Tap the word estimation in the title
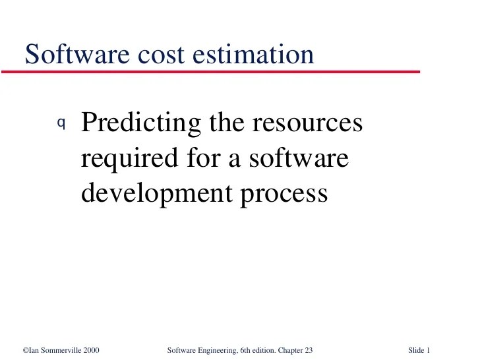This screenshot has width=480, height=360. tap(253, 54)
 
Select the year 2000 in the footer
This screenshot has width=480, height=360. tap(91, 350)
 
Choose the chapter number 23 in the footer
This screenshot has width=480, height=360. tap(308, 350)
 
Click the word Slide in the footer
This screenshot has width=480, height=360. tap(416, 350)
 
